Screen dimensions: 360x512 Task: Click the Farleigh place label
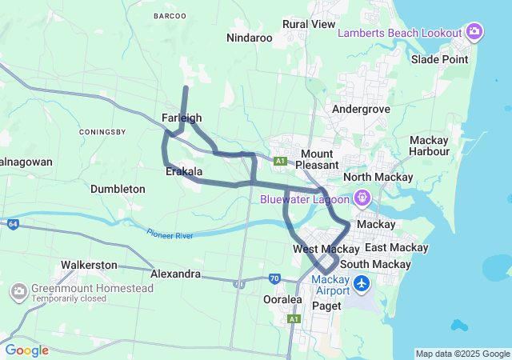182,118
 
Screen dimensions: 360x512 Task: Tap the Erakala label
183,171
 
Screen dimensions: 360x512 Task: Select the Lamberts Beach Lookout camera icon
474,32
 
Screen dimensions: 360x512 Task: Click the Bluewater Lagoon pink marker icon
362,196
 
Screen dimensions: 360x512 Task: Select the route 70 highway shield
274,278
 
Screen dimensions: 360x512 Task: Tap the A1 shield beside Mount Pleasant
280,161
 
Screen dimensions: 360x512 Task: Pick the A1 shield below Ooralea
294,318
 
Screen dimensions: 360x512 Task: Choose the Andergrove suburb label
361,108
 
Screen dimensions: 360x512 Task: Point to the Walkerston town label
89,264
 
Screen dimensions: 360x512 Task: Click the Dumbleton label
118,189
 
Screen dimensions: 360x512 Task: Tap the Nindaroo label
250,38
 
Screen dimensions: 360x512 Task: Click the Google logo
26,350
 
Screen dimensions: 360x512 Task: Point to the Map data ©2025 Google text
462,354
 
